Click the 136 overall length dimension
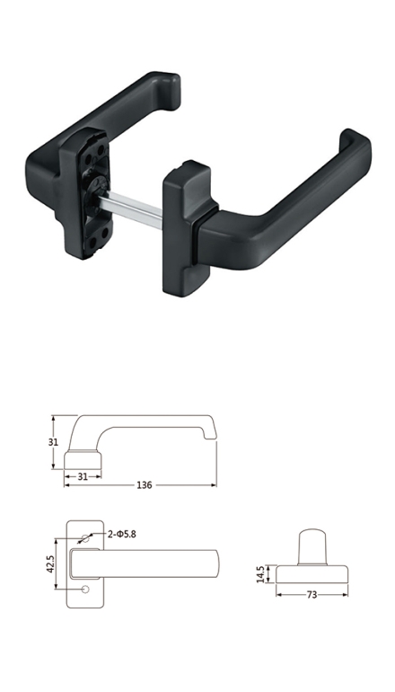145,485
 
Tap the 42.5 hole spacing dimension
49,564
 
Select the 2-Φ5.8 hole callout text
122,534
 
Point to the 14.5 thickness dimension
260,574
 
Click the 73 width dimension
312,595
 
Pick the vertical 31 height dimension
53,442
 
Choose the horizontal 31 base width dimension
83,476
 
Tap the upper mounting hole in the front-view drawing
85,538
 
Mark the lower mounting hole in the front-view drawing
85,590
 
